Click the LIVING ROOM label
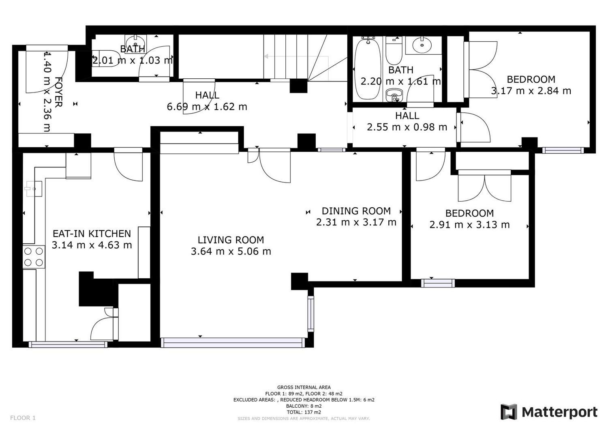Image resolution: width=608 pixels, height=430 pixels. (x=231, y=240)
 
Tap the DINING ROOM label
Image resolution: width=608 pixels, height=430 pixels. (x=356, y=211)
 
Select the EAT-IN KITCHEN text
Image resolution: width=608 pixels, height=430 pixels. (x=92, y=234)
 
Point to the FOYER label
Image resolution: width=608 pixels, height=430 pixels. (x=59, y=92)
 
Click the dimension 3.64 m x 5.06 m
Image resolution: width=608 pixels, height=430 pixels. (x=231, y=252)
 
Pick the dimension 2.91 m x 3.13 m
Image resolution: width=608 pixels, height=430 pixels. (x=469, y=225)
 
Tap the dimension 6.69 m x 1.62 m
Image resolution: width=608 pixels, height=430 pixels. (x=207, y=107)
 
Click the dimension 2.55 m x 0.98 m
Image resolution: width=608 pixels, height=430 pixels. (x=407, y=127)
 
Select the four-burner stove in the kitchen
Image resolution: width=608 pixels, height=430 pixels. (x=34, y=257)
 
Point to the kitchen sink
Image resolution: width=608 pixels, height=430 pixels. (x=33, y=189)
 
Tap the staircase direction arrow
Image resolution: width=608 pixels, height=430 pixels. (x=296, y=56)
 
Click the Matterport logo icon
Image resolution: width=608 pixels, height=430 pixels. (x=509, y=412)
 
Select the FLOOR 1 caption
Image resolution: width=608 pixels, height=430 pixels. (x=23, y=418)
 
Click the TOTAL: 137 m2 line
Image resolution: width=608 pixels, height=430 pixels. (x=304, y=412)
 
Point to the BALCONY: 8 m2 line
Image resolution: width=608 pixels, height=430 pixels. (x=304, y=406)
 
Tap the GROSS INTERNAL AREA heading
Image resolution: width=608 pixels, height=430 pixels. (x=304, y=387)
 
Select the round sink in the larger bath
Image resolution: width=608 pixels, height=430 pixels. (x=422, y=45)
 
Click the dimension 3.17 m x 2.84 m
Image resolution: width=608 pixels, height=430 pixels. (x=531, y=91)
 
